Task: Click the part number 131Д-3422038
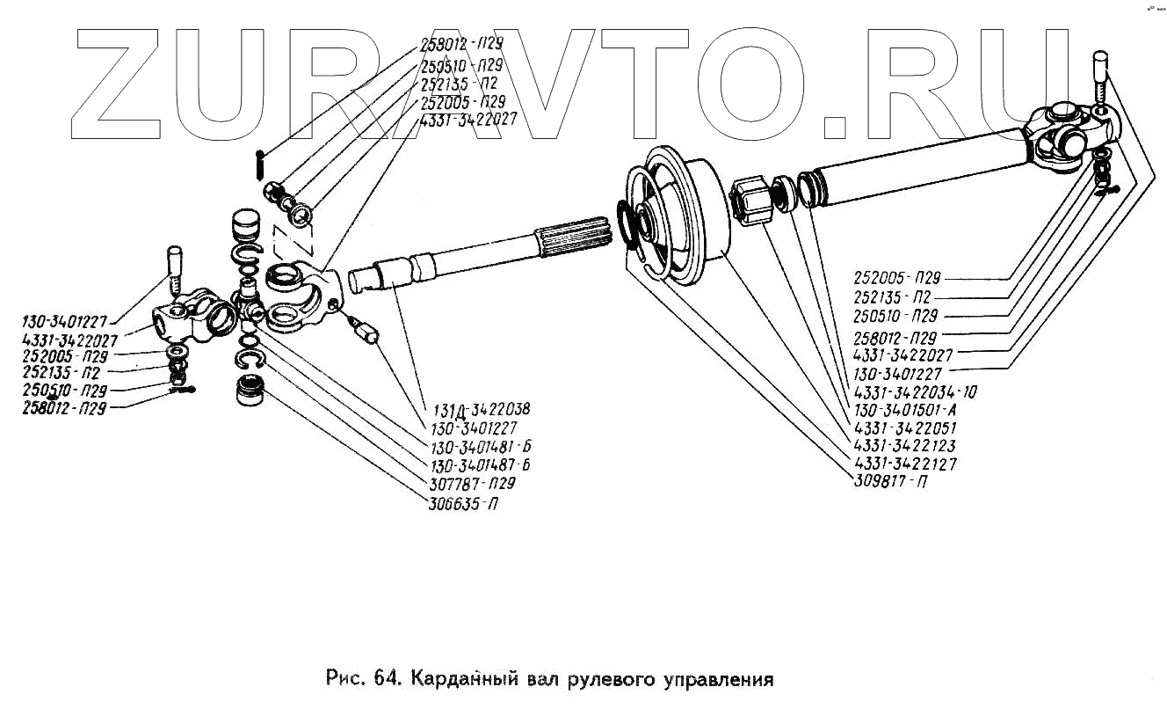point(481,409)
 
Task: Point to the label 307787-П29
point(472,484)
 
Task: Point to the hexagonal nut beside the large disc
point(751,200)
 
